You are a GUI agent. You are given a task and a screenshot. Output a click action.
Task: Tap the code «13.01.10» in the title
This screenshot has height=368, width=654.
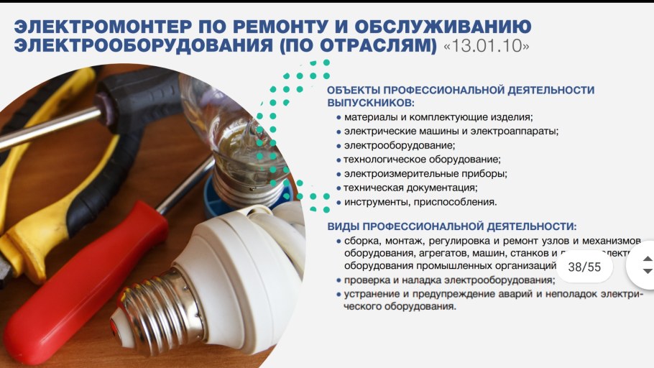coord(487,46)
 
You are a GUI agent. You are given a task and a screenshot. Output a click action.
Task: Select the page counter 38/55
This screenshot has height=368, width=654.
coord(584,267)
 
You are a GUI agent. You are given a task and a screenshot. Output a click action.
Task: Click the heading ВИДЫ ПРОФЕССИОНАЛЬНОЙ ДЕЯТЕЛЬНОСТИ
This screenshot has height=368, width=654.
coord(452,226)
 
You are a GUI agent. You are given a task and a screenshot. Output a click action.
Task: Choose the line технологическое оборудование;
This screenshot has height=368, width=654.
coord(422,159)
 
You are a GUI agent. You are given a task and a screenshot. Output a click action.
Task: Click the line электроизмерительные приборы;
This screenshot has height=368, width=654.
coord(425,173)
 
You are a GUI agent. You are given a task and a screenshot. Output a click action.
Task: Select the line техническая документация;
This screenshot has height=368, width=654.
coord(410,188)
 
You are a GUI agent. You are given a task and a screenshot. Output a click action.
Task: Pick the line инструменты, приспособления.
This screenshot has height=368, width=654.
coord(420,202)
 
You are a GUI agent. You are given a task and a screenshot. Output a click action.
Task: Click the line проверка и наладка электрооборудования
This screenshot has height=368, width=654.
coord(449,280)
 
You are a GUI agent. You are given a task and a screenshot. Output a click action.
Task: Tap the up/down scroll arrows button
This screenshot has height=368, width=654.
coord(646,264)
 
